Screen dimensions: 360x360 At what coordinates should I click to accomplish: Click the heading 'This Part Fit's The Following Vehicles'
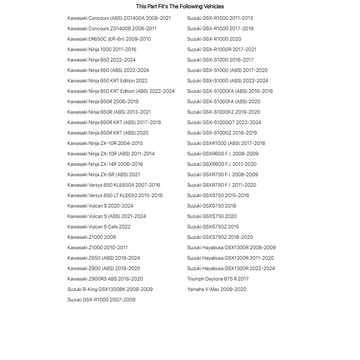point(180,6)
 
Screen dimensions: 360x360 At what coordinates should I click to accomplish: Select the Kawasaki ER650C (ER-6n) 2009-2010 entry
point(109,39)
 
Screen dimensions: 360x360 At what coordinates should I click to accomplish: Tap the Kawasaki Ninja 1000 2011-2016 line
point(102,49)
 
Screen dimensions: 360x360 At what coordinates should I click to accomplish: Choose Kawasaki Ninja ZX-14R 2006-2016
point(105,164)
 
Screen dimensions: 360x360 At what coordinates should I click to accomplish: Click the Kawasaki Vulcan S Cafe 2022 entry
point(99,227)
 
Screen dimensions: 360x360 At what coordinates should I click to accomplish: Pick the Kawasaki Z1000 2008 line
point(92,237)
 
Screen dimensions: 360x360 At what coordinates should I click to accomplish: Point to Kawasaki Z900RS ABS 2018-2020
point(105,279)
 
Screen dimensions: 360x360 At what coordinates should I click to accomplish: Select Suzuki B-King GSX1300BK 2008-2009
point(110,289)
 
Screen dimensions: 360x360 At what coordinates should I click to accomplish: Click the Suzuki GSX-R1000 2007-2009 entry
point(101,300)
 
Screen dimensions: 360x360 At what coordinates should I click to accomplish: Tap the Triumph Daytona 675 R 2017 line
point(218,279)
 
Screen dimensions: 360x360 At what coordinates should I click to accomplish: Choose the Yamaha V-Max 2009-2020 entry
point(217,289)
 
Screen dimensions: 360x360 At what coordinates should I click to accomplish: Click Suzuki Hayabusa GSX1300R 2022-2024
point(231,268)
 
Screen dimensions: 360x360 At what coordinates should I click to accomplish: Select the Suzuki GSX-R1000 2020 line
point(214,39)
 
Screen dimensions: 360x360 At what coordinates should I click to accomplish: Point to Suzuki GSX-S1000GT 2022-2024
point(224,122)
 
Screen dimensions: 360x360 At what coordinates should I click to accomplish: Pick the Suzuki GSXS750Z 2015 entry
point(213,227)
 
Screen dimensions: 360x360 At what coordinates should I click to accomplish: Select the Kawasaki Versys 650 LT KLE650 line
point(115,195)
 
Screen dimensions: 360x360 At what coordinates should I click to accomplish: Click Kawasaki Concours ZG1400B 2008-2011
point(112,28)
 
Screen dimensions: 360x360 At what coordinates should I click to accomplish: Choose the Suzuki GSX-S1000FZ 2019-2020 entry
point(223,112)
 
